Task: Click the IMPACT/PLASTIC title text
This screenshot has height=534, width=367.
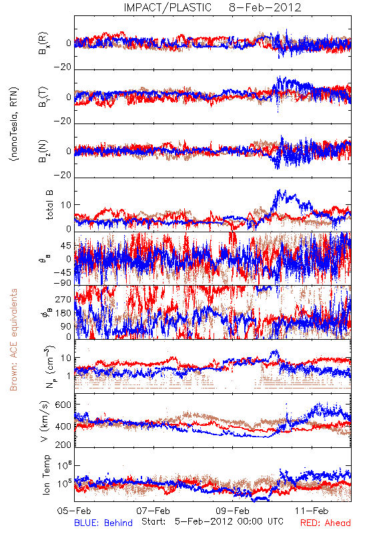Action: [x=167, y=7]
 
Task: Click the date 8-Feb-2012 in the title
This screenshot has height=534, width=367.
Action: [x=265, y=7]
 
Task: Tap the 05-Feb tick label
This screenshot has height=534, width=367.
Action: [x=74, y=511]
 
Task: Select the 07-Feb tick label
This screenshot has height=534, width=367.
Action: [x=153, y=511]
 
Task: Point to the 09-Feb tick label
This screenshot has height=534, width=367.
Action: [x=232, y=511]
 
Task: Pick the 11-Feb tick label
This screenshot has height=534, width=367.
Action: [x=312, y=511]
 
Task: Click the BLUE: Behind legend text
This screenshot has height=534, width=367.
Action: [x=103, y=523]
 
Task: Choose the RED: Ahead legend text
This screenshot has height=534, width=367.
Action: [x=326, y=523]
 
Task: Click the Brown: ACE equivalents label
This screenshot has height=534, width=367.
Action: [x=13, y=340]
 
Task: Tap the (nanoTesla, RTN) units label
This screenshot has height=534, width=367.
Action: [x=14, y=124]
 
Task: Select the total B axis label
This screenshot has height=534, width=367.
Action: [x=49, y=205]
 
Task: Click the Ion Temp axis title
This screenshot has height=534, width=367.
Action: [x=46, y=475]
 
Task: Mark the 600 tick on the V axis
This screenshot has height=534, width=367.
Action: [x=63, y=405]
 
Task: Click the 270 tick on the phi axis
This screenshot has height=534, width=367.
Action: [x=63, y=299]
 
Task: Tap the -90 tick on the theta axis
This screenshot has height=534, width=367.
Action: [x=63, y=283]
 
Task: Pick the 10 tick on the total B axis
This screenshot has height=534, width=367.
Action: [x=66, y=205]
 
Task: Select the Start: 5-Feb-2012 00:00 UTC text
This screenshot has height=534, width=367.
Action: [x=212, y=521]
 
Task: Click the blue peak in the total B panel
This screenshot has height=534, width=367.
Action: [x=280, y=190]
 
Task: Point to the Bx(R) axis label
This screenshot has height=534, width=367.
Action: [x=43, y=43]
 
